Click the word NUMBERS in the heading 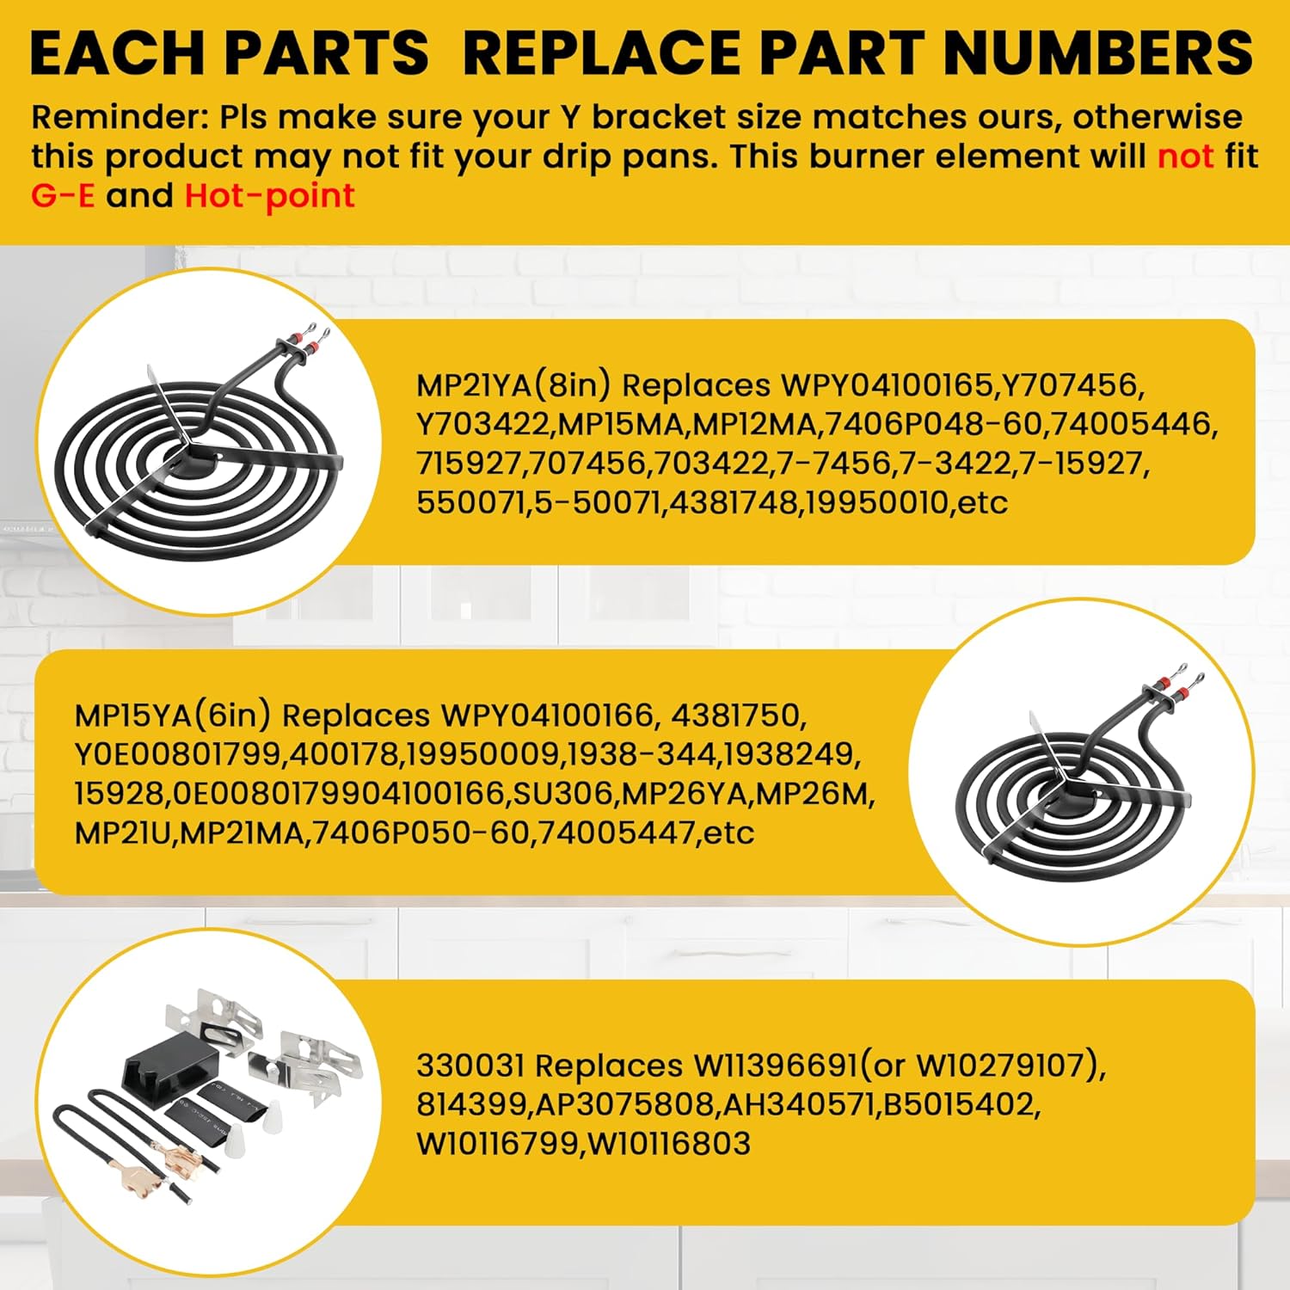pos(1098,53)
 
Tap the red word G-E pos(63,196)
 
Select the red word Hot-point pos(269,197)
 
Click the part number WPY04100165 pos(887,384)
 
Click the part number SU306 pos(564,793)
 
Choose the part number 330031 pos(470,1066)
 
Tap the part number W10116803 pos(668,1144)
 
